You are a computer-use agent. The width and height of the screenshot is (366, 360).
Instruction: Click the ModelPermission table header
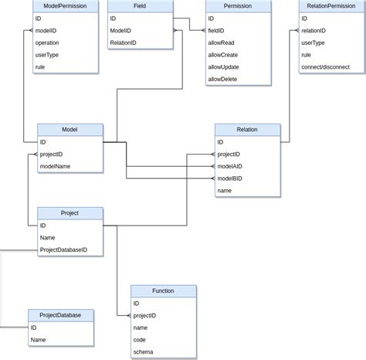point(65,5)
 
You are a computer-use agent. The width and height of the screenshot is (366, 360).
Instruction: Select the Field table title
point(139,5)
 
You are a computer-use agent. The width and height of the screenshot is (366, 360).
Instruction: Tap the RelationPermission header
point(330,5)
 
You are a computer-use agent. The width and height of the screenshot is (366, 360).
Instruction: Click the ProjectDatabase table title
point(60,315)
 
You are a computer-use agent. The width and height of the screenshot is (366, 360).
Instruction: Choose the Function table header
point(163,291)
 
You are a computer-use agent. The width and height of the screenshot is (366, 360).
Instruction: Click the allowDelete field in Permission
point(223,80)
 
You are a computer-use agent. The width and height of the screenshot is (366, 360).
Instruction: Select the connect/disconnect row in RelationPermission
point(325,67)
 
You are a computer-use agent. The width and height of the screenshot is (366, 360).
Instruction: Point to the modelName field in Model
point(56,166)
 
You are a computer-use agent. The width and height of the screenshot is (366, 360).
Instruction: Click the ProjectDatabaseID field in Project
point(63,250)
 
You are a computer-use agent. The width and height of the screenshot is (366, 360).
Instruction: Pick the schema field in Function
point(143,352)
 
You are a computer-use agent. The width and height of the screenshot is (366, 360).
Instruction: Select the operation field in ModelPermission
point(47,42)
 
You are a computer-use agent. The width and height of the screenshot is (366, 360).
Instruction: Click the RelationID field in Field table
point(124,42)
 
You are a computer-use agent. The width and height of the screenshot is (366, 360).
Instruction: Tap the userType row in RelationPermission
point(313,42)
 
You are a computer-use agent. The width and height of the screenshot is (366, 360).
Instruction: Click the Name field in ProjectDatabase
point(39,340)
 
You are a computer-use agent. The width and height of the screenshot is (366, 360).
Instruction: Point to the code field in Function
point(141,340)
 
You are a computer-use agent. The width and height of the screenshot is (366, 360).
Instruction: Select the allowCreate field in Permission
point(223,55)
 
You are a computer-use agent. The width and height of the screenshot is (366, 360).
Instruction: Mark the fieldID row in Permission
point(217,30)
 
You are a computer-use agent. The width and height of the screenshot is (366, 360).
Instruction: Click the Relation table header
point(247,130)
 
